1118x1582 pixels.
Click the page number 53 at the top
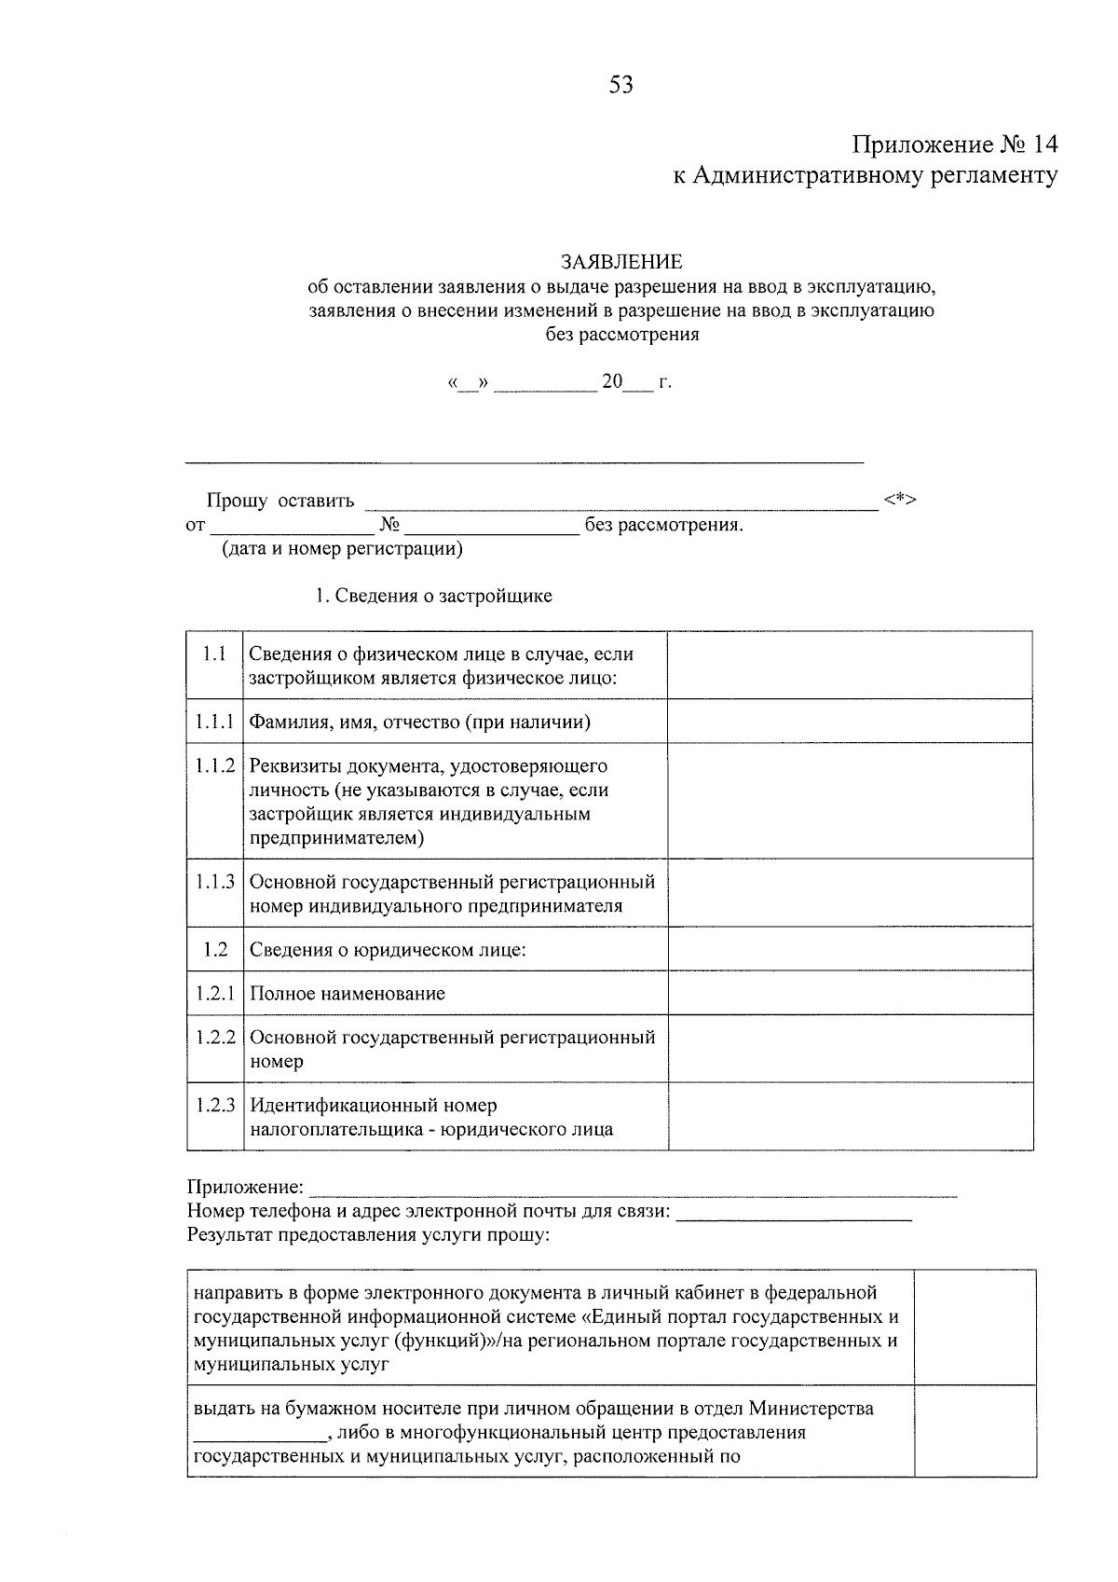click(x=620, y=86)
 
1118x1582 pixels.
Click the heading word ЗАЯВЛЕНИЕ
click(x=620, y=262)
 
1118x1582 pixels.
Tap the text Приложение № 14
click(x=954, y=145)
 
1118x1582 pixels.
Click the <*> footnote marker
click(x=901, y=501)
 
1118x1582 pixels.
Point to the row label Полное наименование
click(x=348, y=994)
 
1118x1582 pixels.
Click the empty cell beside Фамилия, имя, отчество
click(x=849, y=721)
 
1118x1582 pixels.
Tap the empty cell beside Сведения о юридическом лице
click(x=849, y=949)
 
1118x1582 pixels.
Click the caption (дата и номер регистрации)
click(x=341, y=549)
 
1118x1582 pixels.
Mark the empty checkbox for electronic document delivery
click(x=974, y=1328)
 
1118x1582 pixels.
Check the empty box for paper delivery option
click(x=974, y=1431)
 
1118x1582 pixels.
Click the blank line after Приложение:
click(x=632, y=1190)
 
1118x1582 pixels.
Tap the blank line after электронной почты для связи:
click(x=793, y=1214)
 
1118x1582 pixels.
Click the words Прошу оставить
click(x=280, y=502)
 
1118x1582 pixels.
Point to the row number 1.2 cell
click(x=214, y=949)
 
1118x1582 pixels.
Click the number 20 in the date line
click(x=611, y=382)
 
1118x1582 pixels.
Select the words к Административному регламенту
click(x=866, y=175)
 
